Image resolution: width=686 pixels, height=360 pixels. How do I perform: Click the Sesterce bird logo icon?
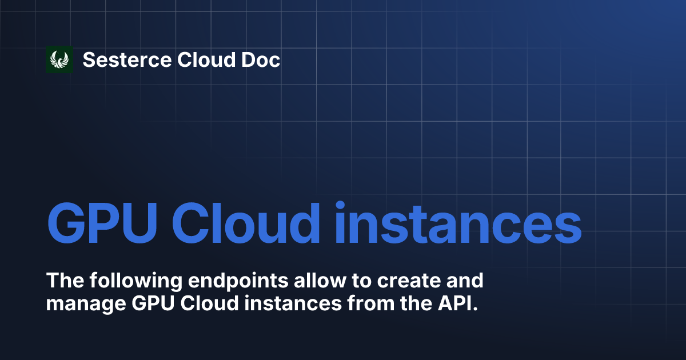59,59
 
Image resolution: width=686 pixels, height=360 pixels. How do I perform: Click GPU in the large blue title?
101,222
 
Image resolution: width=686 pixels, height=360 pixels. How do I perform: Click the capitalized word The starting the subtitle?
64,281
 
